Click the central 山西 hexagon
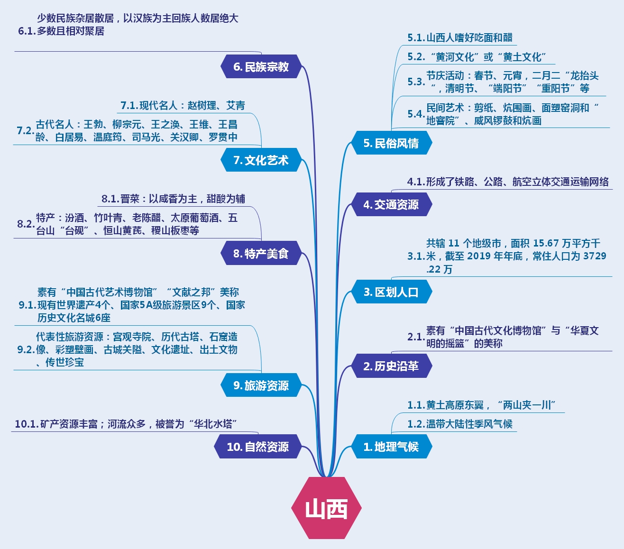coord(326,508)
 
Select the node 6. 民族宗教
coord(261,67)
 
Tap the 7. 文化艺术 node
coord(261,160)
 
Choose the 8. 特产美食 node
coord(261,254)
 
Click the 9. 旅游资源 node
coord(261,385)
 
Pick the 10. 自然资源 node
coord(258,447)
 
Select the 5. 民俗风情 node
coord(391,143)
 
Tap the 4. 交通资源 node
coord(391,205)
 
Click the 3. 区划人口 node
coord(391,292)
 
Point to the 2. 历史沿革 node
coord(391,366)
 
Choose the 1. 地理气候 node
coord(391,447)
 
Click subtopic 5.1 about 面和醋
coord(460,38)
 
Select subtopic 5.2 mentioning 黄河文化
coord(477,57)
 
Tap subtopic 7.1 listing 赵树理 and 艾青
coord(183,105)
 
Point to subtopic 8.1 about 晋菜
coord(173,199)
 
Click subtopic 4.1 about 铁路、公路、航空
coord(508,182)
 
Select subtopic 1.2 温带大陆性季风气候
coord(460,424)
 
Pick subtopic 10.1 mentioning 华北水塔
coord(126,424)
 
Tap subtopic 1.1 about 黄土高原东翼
coord(481,405)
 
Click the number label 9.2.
coord(26,350)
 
